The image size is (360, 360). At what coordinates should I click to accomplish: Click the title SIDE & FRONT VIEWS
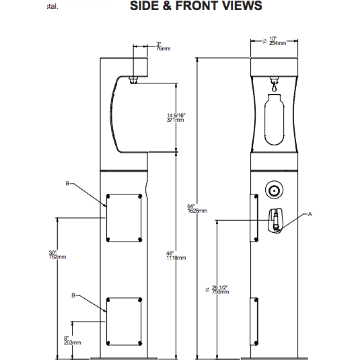tap(195, 6)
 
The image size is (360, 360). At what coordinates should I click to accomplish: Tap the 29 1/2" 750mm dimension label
tap(221, 289)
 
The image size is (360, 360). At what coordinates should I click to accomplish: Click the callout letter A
tap(310, 214)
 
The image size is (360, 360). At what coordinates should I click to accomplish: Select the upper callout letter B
tap(67, 183)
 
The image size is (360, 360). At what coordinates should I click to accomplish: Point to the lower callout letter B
tap(73, 295)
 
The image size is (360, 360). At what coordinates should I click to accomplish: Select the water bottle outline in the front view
tap(274, 120)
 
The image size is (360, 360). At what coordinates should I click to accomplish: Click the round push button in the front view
tap(274, 190)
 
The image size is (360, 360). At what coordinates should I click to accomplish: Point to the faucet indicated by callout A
tap(276, 221)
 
